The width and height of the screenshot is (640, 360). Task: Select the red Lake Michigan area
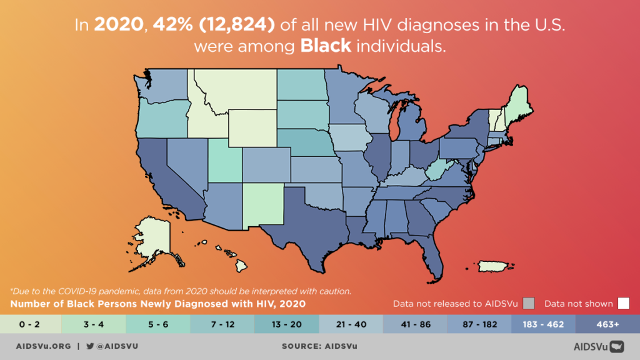point(394,125)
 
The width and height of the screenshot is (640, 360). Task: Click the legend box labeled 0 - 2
point(31,324)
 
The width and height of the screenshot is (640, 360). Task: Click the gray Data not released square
point(529,304)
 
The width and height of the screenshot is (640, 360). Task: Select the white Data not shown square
point(623,304)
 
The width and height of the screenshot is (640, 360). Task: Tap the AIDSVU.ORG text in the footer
point(43,346)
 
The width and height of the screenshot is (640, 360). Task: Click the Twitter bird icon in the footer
point(90,346)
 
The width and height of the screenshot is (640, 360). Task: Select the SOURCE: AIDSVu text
point(320,346)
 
